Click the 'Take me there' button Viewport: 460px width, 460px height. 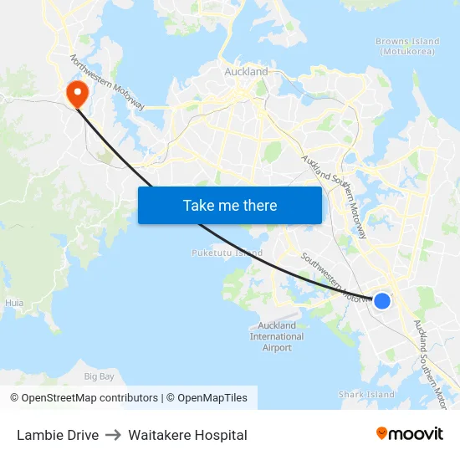[230, 205]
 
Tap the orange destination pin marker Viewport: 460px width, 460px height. [78, 92]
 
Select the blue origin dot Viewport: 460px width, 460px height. [381, 300]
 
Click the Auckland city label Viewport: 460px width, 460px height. [246, 72]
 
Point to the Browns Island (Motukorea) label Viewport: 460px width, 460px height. [407, 46]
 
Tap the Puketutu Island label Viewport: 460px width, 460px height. [227, 253]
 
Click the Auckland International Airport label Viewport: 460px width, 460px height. [277, 336]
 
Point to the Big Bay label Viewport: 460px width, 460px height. [100, 376]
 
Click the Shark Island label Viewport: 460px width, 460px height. [366, 394]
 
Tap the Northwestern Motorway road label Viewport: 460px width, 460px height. [108, 83]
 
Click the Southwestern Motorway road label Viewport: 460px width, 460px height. [331, 277]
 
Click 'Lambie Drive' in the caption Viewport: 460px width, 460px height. [58, 435]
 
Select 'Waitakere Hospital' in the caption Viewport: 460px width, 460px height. [187, 435]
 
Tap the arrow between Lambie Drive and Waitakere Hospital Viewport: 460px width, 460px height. [113, 435]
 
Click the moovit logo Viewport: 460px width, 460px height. [410, 433]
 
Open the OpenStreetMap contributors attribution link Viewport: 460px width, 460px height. [89, 398]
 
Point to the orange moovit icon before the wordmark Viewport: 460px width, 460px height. [382, 433]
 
